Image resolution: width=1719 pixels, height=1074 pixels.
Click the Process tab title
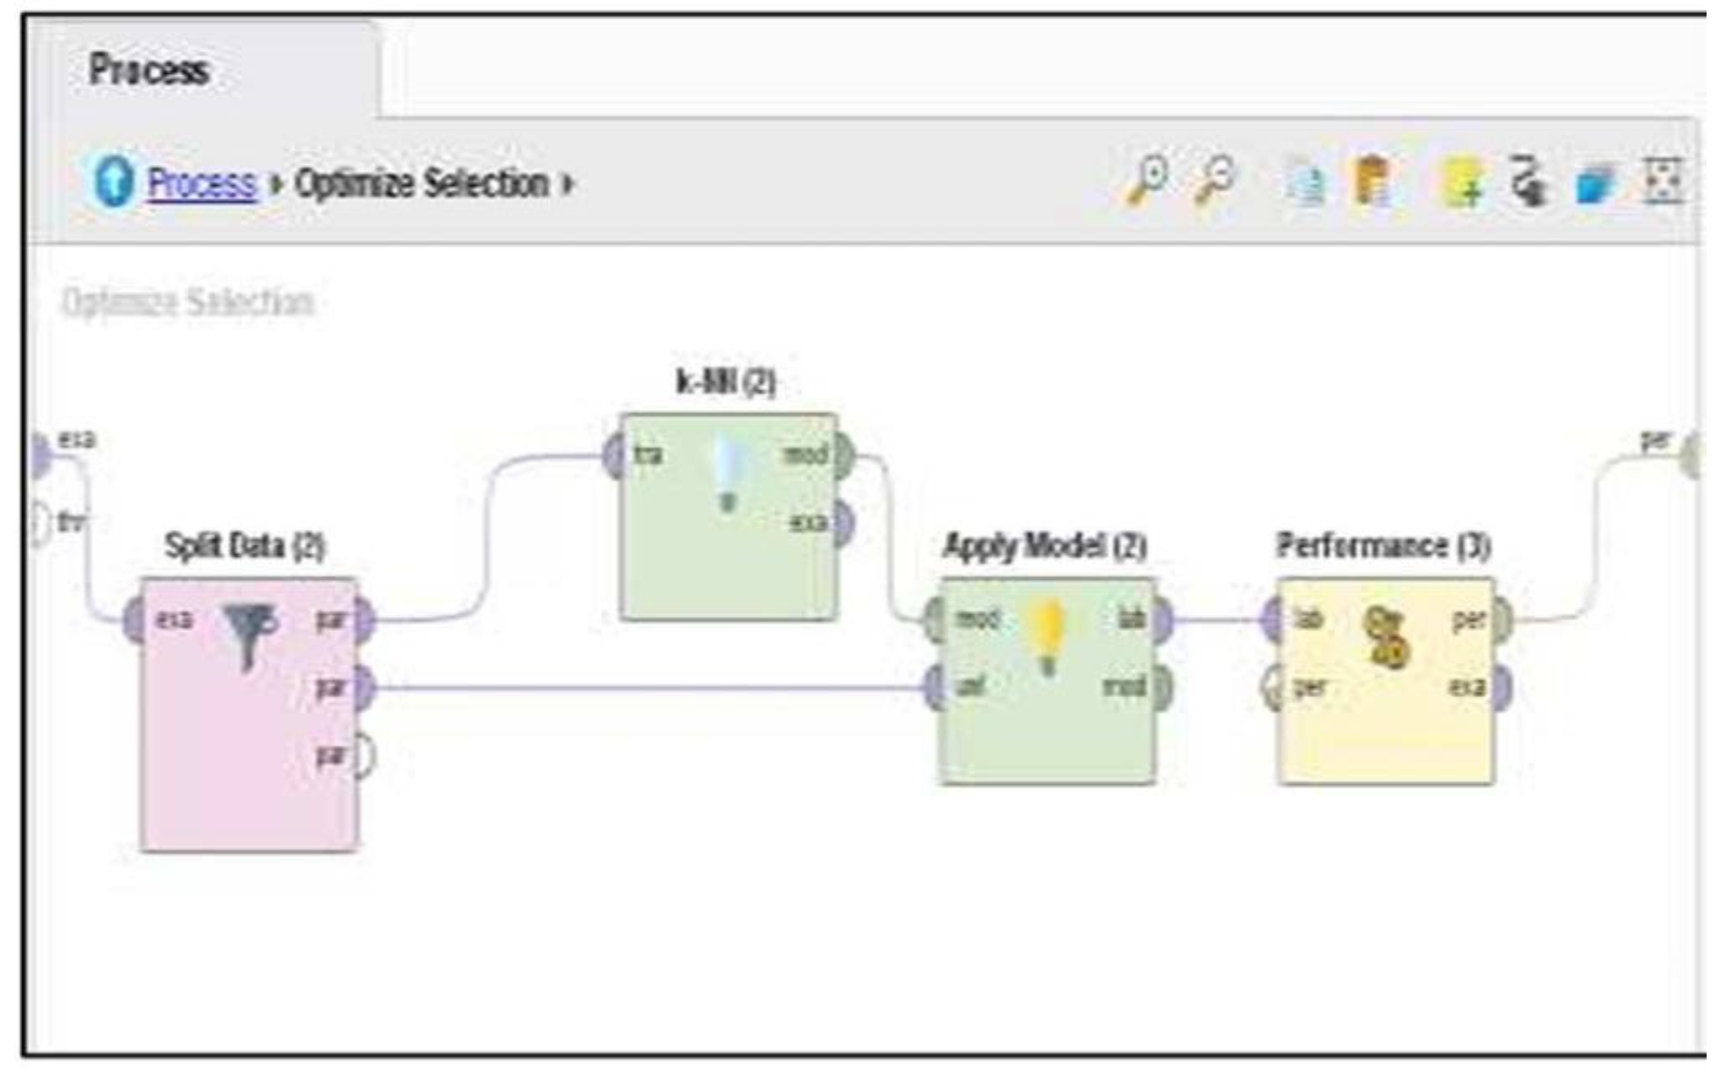[148, 70]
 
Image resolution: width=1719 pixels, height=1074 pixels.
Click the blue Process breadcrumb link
[201, 184]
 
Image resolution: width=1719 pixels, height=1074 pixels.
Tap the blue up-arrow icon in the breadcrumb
[114, 182]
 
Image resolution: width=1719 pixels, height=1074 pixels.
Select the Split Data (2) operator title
[244, 546]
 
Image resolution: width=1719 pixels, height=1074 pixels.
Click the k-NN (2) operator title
[726, 382]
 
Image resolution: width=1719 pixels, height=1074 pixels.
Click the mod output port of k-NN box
[843, 456]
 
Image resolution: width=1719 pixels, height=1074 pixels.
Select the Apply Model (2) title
[1045, 546]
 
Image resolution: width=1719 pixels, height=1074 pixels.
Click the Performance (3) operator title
[1382, 546]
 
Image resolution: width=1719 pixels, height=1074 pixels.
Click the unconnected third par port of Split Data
[364, 755]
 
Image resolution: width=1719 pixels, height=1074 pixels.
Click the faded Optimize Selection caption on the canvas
[188, 302]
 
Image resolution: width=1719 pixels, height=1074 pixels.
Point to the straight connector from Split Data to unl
[639, 687]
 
